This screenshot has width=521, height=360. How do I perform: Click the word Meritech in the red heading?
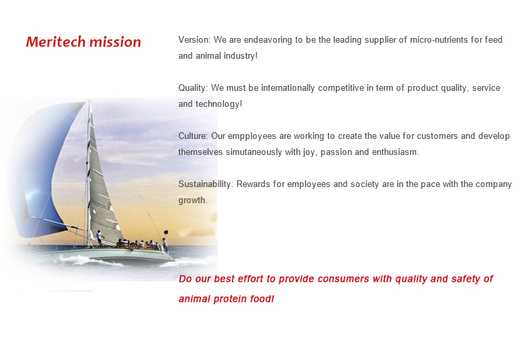point(56,42)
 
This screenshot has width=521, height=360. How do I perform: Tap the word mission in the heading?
point(115,42)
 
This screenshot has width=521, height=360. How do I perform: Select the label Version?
point(194,40)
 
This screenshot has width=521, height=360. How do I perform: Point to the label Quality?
point(193,88)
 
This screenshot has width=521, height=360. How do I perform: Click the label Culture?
point(193,136)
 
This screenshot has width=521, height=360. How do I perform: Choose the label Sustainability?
point(206,184)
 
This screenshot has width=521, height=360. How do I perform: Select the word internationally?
point(288,88)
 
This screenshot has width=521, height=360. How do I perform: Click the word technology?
point(219,104)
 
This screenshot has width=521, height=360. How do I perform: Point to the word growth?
point(193,200)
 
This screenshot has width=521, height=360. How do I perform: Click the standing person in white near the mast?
point(100,238)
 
